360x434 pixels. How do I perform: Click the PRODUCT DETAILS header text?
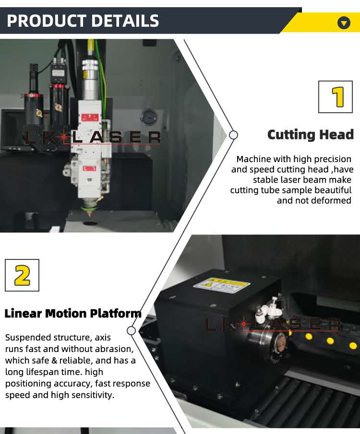pos(83,21)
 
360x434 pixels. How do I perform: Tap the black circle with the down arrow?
pos(344,22)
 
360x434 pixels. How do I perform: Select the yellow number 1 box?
pos(336,97)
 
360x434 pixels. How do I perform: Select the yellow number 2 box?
pos(22,275)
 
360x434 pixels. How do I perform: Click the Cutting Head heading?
pos(310,135)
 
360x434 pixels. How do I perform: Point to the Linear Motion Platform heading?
pos(73,314)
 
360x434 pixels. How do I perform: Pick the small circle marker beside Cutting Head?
pos(233,135)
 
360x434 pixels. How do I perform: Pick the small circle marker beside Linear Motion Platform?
pos(131,330)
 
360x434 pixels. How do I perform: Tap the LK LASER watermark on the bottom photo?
pos(274,325)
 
